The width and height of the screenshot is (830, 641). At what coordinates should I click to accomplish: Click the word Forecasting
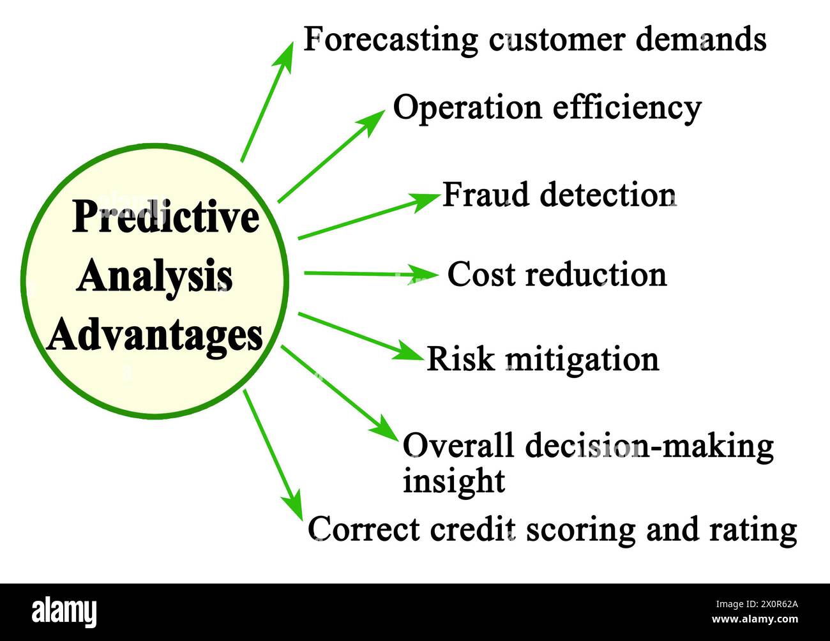pyautogui.click(x=390, y=40)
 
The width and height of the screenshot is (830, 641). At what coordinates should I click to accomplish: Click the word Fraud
pyautogui.click(x=486, y=195)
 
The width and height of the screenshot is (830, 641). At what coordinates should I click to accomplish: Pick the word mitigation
pyautogui.click(x=582, y=359)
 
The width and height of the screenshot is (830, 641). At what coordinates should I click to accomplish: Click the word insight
pyautogui.click(x=453, y=480)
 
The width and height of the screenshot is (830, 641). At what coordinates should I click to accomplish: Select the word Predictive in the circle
pyautogui.click(x=165, y=218)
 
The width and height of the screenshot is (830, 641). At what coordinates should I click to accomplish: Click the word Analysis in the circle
pyautogui.click(x=155, y=277)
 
